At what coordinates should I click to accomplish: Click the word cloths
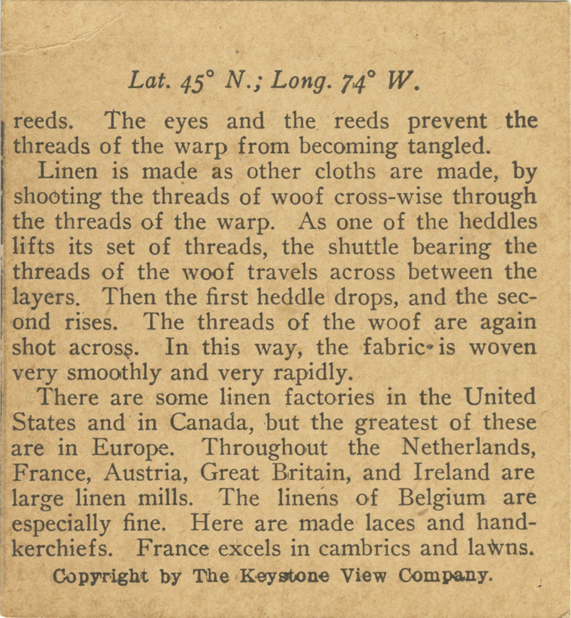(345, 172)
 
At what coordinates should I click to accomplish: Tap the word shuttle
(363, 247)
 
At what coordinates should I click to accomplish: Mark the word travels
(282, 272)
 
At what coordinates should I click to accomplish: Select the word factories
(329, 398)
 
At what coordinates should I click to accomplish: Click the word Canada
(211, 422)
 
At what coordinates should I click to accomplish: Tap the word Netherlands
(468, 447)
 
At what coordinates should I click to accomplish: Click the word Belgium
(441, 498)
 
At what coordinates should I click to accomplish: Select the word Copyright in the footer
(101, 577)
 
